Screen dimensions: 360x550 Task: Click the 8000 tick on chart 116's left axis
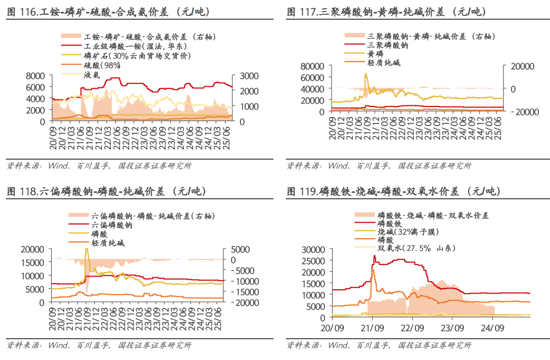tap(36, 76)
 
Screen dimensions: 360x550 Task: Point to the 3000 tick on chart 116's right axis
tap(244, 76)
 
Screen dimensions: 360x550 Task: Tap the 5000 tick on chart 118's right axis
tap(240, 249)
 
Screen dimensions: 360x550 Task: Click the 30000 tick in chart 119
tap(315, 249)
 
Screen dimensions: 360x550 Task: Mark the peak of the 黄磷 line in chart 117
tap(366, 74)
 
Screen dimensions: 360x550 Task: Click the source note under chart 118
tap(99, 345)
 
